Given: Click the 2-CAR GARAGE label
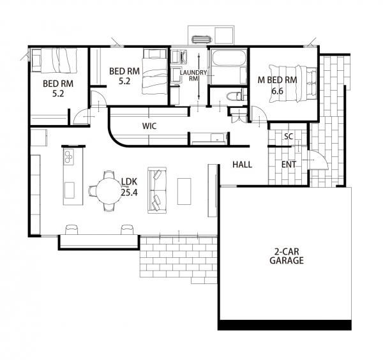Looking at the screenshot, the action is (287, 256).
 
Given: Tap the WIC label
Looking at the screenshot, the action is (149, 126).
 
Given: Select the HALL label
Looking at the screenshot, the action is (242, 165).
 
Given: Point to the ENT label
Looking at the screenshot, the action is (289, 165).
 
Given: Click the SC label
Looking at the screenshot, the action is (289, 137).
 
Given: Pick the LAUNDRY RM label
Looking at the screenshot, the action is (193, 75).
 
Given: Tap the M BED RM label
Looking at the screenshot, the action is (278, 80).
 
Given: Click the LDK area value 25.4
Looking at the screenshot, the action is (129, 193).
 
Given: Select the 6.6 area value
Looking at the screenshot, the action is (278, 91).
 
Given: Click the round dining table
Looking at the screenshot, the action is (109, 191).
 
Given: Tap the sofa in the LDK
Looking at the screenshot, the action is (157, 190).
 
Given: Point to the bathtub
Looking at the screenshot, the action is (229, 58).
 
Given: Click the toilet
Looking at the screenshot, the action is (236, 96).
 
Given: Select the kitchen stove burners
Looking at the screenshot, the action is (69, 156).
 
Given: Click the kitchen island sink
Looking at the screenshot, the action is (70, 190).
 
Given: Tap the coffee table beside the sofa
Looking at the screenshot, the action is (184, 191).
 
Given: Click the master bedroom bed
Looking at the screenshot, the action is (293, 84).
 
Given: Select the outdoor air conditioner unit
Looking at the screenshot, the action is (202, 40).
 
